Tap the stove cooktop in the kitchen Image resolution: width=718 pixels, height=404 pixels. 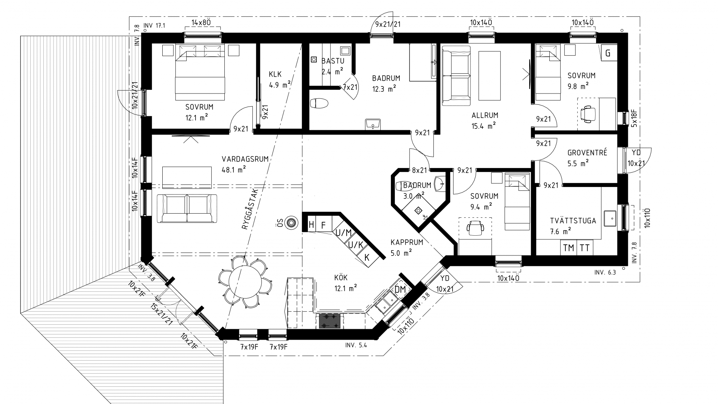click(330, 321)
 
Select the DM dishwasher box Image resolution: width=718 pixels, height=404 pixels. click(400, 289)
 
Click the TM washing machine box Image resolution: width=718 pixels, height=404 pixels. click(568, 248)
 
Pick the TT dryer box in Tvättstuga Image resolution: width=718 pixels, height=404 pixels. click(584, 248)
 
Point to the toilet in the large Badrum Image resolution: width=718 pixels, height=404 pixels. click(319, 103)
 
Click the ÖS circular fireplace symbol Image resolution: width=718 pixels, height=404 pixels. click(291, 223)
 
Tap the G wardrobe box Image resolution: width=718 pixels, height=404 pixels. click(608, 53)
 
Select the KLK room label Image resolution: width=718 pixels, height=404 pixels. click(275, 74)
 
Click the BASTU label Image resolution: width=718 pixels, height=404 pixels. click(333, 61)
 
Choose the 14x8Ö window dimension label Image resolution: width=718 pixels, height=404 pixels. click(201, 22)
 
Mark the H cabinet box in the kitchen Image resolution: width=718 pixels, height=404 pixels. click(311, 225)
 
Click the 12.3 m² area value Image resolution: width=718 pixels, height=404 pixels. click(384, 89)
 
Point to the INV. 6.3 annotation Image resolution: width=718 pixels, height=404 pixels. click(605, 273)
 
